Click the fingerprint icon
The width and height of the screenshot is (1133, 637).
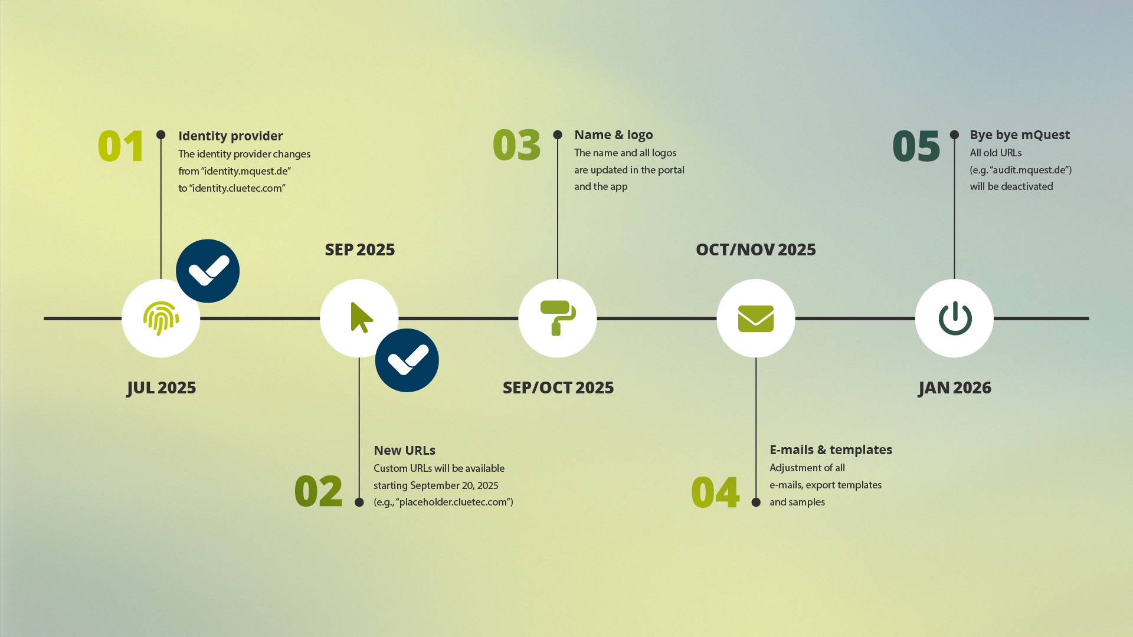(161, 318)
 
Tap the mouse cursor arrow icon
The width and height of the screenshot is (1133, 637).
(361, 318)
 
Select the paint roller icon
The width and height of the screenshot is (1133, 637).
(558, 318)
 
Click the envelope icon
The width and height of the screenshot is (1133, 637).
(756, 318)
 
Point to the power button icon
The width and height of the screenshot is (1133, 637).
(955, 318)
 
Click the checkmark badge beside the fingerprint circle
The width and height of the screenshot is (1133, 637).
(208, 271)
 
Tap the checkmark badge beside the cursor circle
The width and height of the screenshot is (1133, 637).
(407, 360)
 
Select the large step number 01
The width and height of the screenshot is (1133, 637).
(121, 146)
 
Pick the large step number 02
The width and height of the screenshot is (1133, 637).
(319, 491)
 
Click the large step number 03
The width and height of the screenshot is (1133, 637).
(517, 145)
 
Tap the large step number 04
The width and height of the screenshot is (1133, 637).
(715, 492)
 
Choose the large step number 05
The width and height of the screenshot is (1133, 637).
(916, 146)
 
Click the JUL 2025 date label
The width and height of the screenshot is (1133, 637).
(161, 388)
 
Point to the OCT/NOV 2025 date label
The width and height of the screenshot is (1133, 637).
(756, 249)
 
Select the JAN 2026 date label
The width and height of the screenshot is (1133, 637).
(955, 388)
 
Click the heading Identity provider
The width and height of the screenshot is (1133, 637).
(231, 136)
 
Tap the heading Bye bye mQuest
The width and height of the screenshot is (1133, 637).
(1020, 135)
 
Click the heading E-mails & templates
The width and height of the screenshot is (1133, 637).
(831, 449)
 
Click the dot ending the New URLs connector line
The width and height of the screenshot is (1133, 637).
(359, 503)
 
